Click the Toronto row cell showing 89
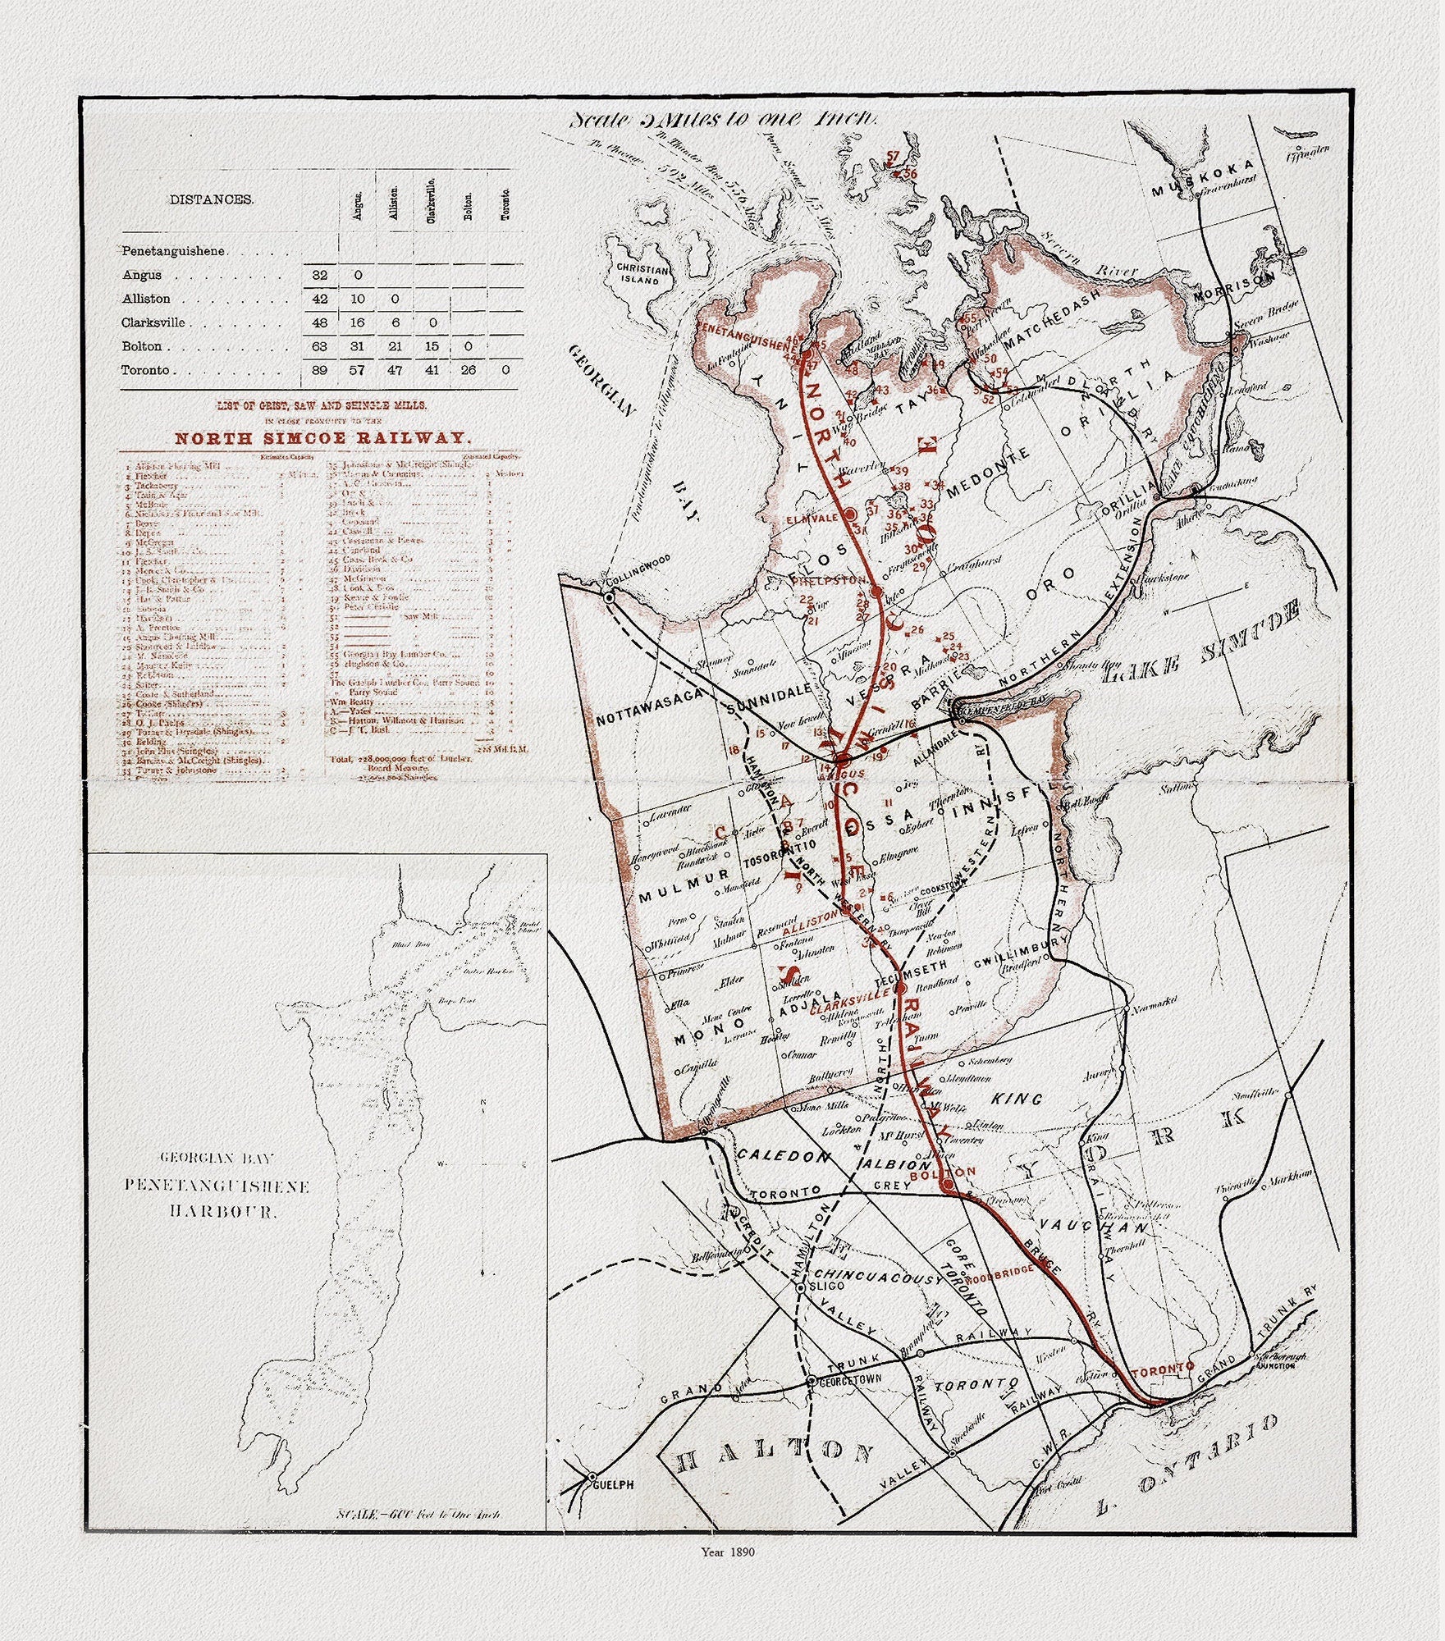tap(320, 370)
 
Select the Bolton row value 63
tap(320, 346)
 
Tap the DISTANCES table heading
tap(211, 199)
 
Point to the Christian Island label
tap(644, 274)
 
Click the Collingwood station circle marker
tap(610, 598)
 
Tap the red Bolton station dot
tap(946, 1185)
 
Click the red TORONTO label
tap(1161, 1371)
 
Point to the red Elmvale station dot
tap(851, 513)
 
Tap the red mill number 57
tap(893, 156)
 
